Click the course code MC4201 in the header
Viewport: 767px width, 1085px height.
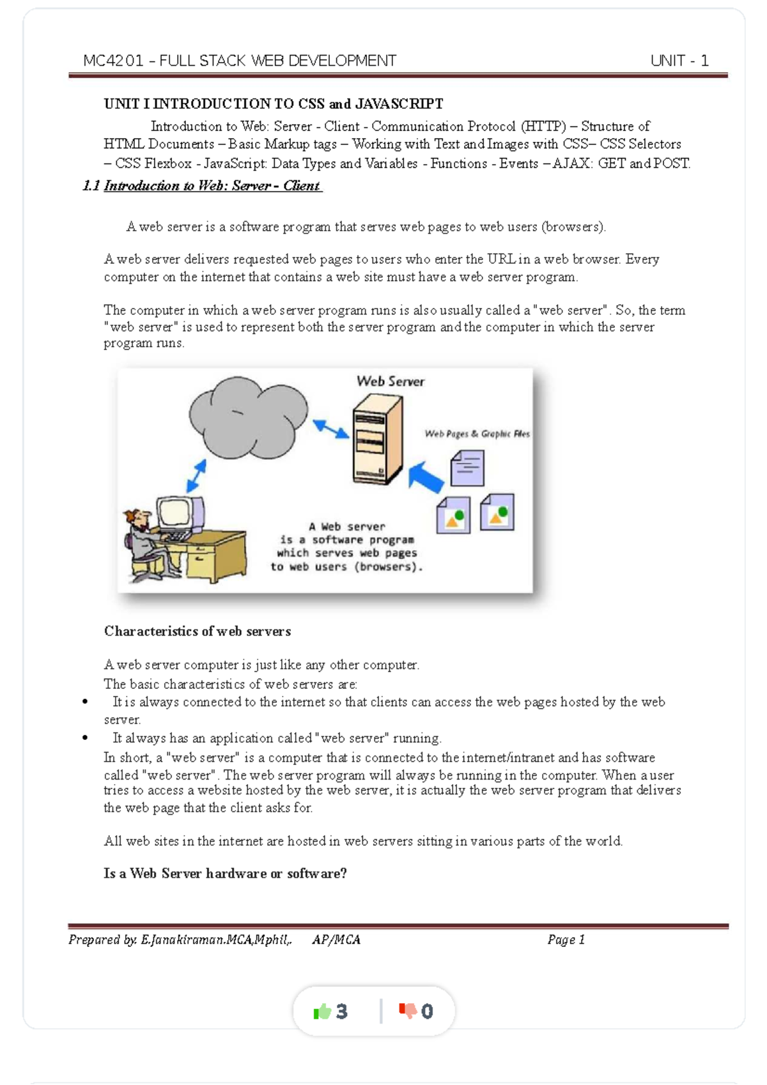[x=113, y=61]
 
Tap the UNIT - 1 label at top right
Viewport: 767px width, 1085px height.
[x=679, y=61]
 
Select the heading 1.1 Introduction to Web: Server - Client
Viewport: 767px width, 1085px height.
[x=202, y=186]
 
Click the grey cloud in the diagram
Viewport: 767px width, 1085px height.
[x=247, y=418]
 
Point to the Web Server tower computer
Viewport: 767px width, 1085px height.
[x=377, y=440]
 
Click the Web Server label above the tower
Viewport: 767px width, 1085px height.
[x=390, y=381]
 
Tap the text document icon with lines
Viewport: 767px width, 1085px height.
[x=467, y=468]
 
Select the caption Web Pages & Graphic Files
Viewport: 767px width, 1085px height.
[x=477, y=434]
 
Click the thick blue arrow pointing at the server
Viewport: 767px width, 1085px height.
[x=426, y=477]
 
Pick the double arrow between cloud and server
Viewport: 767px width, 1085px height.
[x=330, y=429]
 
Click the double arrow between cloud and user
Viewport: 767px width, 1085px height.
[x=196, y=475]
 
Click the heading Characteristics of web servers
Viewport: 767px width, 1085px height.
[x=197, y=631]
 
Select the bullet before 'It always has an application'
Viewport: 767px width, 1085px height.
[x=85, y=738]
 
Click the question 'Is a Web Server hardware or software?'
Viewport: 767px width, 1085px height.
[x=225, y=873]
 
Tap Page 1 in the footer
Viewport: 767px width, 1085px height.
[x=566, y=940]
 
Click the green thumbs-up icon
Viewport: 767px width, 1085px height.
[x=322, y=1011]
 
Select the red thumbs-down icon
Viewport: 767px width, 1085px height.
[x=408, y=1010]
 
